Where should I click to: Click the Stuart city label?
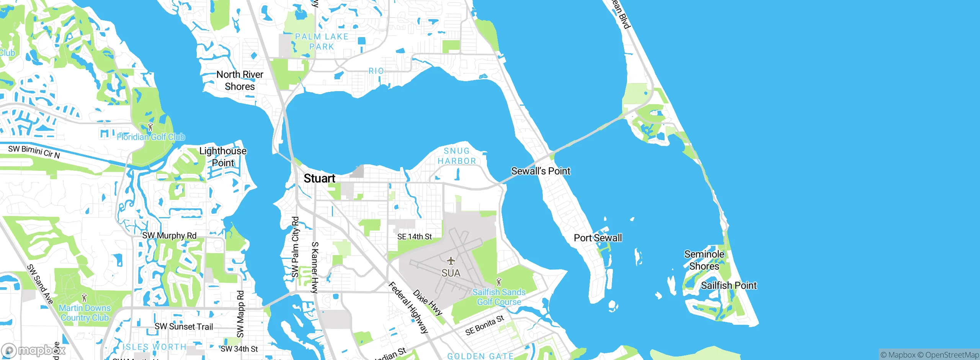[x=319, y=178]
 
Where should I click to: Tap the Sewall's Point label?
[x=541, y=171]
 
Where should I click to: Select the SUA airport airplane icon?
[x=451, y=261]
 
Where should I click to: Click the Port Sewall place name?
[x=598, y=238]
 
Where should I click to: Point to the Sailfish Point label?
[x=728, y=285]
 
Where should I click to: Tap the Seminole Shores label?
[x=704, y=260]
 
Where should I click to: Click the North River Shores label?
[x=240, y=80]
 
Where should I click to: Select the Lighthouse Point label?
[x=223, y=157]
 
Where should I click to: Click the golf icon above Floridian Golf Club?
[x=150, y=127]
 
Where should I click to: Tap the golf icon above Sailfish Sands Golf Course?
[x=498, y=282]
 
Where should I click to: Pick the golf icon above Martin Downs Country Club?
[x=85, y=298]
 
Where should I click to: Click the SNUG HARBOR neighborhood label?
[x=457, y=156]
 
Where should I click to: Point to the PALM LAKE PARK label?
[x=322, y=41]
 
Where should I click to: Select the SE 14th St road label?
[x=414, y=237]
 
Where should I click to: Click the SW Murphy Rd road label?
[x=169, y=236]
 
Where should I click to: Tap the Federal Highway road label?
[x=408, y=308]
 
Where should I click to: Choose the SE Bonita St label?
[x=485, y=325]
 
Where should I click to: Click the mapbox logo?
[x=34, y=350]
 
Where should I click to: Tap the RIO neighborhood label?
[x=376, y=71]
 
